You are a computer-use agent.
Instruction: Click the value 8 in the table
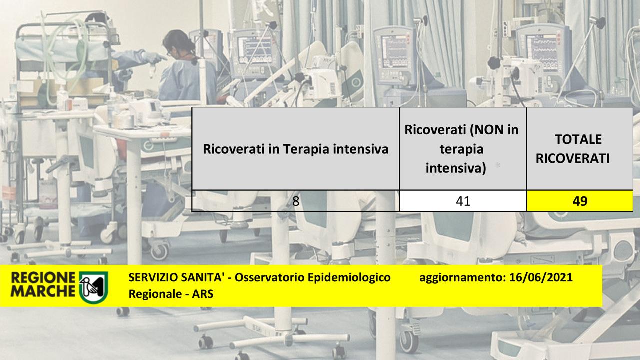coord(296,201)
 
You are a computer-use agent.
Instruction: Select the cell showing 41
coord(463,201)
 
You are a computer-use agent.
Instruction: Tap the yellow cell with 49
coord(580,201)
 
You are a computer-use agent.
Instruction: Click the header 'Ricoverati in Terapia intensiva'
coord(295,149)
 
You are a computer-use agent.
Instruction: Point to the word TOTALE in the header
coord(578,139)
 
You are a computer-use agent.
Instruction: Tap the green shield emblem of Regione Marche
coord(93,287)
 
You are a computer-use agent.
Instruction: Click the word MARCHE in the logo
coord(43,291)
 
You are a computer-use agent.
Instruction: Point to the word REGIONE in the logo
coord(43,278)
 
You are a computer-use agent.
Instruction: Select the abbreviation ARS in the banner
coord(203,294)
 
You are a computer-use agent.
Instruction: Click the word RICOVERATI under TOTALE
coord(573,159)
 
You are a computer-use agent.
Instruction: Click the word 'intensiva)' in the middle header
coord(456,168)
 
